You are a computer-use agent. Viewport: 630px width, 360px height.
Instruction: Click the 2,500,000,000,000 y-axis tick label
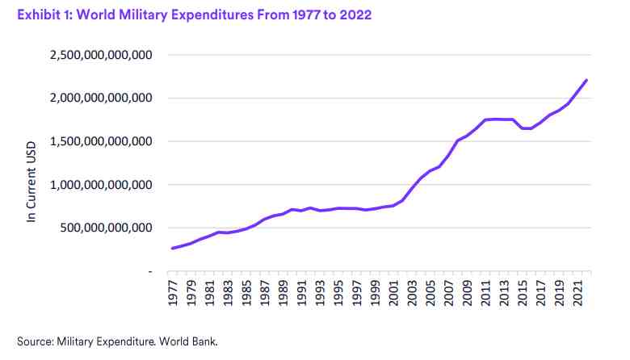pyautogui.click(x=103, y=55)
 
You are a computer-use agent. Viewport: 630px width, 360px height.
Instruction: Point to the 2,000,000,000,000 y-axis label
pyautogui.click(x=103, y=98)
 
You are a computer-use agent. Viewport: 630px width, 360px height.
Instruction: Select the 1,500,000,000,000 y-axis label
pyautogui.click(x=103, y=141)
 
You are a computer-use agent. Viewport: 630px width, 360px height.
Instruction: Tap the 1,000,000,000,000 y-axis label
pyautogui.click(x=103, y=184)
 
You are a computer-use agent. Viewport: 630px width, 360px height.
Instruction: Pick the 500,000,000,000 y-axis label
pyautogui.click(x=108, y=228)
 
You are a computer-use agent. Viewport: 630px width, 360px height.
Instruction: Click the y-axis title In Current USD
pyautogui.click(x=32, y=179)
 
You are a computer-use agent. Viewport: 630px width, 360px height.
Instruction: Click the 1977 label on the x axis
pyautogui.click(x=173, y=291)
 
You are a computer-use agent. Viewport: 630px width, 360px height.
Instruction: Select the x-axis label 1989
pyautogui.click(x=283, y=291)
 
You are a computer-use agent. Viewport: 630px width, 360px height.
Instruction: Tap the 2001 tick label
pyautogui.click(x=393, y=291)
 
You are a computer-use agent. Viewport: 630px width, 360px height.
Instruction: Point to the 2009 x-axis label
pyautogui.click(x=466, y=291)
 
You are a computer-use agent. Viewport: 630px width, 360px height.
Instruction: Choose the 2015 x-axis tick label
pyautogui.click(x=521, y=291)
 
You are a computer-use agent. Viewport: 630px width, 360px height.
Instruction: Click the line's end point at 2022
pyautogui.click(x=586, y=80)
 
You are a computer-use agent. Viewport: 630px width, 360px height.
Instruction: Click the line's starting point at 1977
pyautogui.click(x=173, y=248)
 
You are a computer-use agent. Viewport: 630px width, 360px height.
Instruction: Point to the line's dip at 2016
pyautogui.click(x=531, y=128)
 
